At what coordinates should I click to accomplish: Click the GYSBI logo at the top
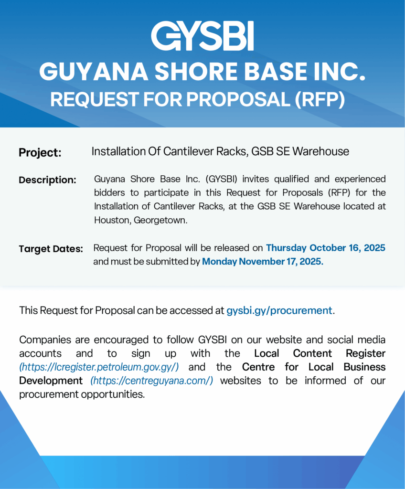click(x=202, y=36)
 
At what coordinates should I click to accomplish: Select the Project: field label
click(x=40, y=153)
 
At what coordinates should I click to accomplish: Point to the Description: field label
click(x=47, y=180)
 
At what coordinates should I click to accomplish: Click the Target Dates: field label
click(x=51, y=249)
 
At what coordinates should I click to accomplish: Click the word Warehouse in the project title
click(x=320, y=151)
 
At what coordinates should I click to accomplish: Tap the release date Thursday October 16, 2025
click(x=325, y=248)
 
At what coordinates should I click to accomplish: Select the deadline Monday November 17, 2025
click(x=263, y=261)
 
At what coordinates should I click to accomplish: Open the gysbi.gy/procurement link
click(x=279, y=310)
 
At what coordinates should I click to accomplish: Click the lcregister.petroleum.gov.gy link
click(x=99, y=367)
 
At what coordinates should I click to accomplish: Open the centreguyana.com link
click(x=152, y=381)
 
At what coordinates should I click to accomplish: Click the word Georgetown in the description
click(x=162, y=220)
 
